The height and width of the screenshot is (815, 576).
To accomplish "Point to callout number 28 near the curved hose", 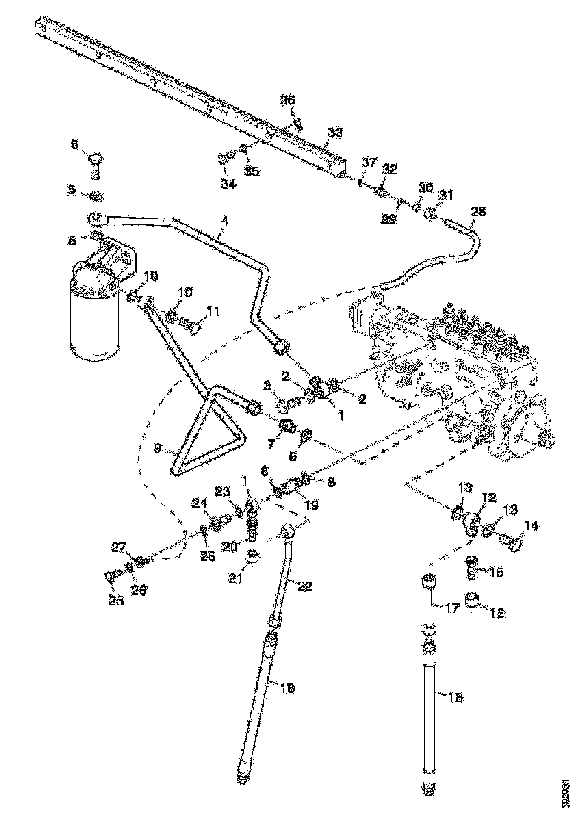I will click(478, 212).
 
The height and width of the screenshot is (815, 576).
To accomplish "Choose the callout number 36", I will click(287, 100).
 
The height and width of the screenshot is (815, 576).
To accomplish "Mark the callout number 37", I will click(369, 162).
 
